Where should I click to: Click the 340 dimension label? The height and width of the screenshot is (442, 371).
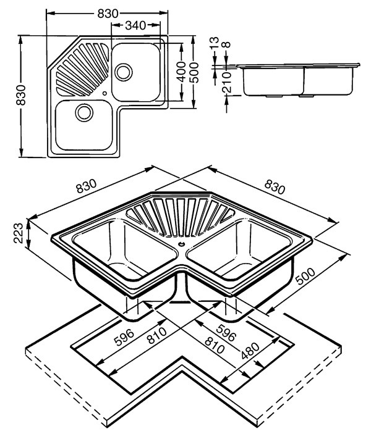[135, 25]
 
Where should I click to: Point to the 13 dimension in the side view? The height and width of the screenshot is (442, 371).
[214, 44]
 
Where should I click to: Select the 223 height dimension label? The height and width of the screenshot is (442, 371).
[18, 233]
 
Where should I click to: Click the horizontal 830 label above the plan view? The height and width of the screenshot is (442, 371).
[109, 12]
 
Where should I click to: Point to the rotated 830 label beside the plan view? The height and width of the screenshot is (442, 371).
[20, 96]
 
